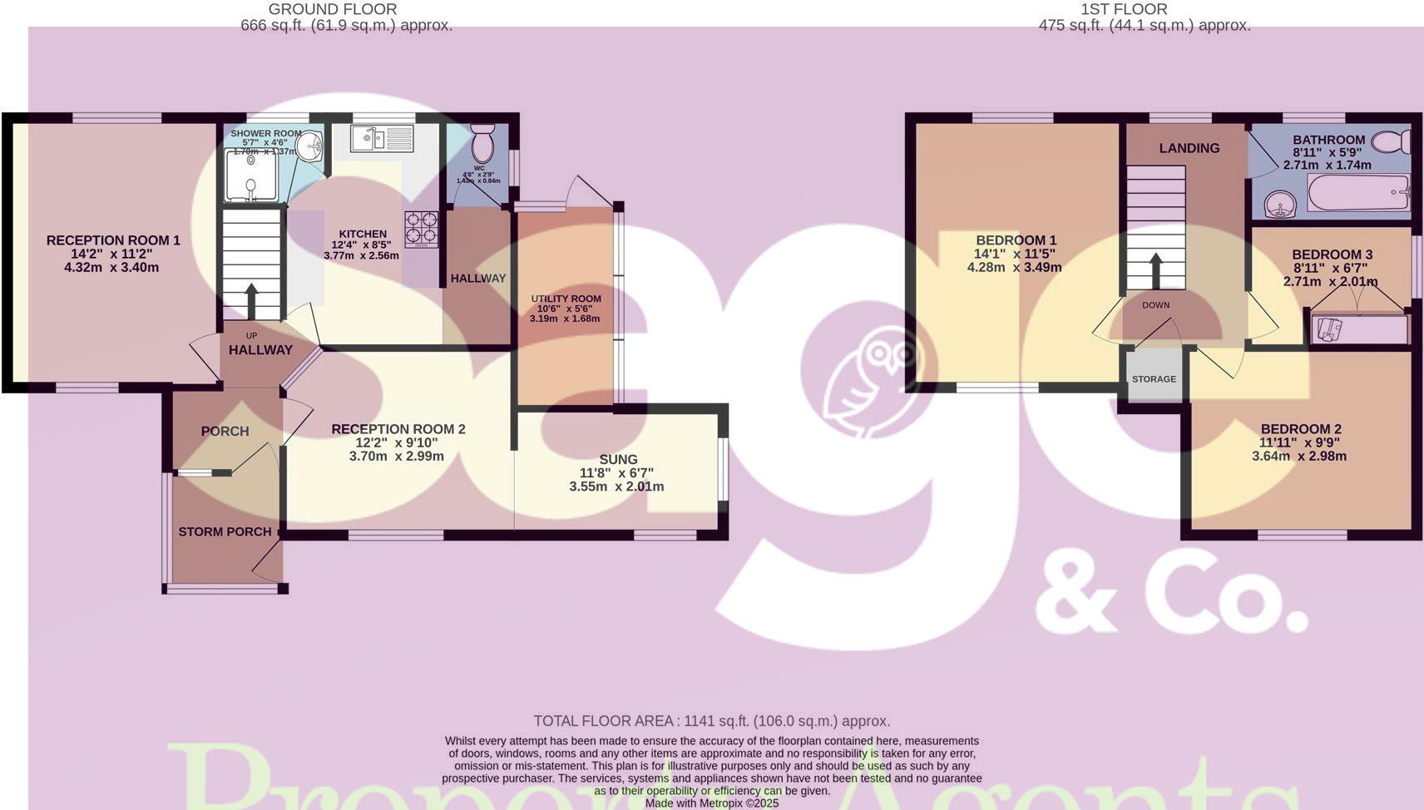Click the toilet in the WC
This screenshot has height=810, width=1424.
pos(482,145)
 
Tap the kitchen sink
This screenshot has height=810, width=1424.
pos(382,138)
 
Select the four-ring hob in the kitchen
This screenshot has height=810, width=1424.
pos(422,229)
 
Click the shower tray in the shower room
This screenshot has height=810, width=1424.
pos(250,175)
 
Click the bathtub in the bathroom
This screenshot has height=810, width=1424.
pos(1358,193)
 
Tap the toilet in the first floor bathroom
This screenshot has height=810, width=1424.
pos(1390,141)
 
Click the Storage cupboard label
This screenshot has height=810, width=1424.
pos(1154,379)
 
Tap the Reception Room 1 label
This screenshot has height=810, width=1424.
pos(113,240)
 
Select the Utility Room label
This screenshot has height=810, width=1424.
pos(566,299)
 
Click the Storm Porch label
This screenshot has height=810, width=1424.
pos(225,531)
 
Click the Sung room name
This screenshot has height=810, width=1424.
pos(618,459)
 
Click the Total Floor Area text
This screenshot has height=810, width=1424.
pos(711,721)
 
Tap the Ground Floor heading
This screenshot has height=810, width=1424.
pos(333,9)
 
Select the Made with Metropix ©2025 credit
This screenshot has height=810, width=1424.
pos(711,803)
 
